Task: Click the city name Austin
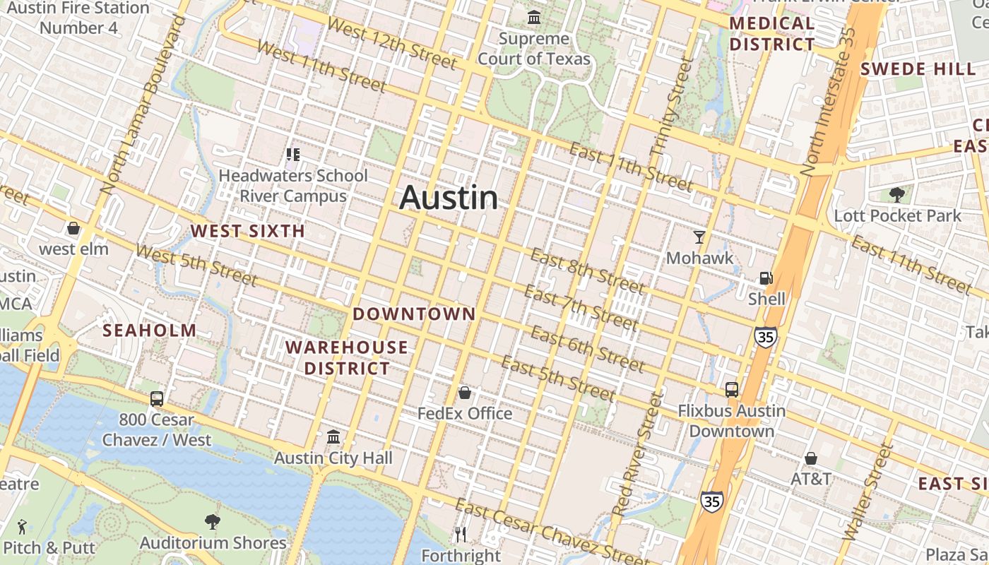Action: point(449,198)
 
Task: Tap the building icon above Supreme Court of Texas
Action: point(534,17)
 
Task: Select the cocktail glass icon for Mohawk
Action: point(699,237)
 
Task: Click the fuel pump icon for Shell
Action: point(766,278)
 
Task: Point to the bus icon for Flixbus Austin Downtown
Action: point(732,389)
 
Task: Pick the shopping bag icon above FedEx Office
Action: point(465,392)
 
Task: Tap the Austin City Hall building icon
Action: point(333,437)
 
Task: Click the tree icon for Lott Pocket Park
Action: point(897,194)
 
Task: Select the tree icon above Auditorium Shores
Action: point(213,522)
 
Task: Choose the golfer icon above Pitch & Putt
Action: point(22,526)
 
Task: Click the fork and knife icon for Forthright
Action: point(461,535)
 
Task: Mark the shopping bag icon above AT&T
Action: point(811,458)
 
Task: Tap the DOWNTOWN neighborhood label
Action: point(414,314)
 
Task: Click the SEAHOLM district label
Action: point(150,331)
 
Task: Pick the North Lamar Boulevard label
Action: point(141,106)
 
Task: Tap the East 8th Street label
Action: point(586,270)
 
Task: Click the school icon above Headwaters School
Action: point(293,154)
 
